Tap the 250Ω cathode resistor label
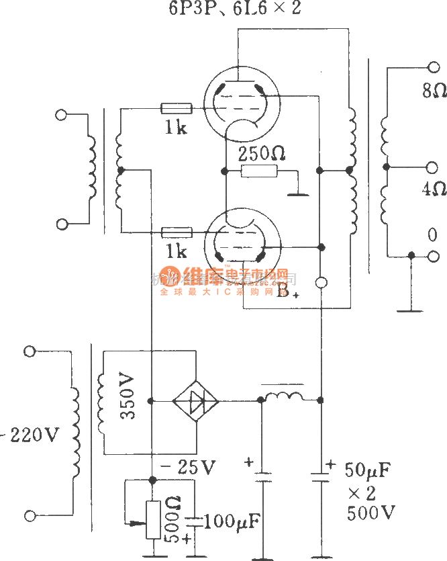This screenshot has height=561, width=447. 262,154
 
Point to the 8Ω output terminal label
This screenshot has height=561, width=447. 434,91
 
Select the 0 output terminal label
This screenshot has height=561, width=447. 432,235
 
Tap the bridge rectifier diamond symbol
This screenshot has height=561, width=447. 196,401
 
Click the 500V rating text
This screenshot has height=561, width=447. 370,513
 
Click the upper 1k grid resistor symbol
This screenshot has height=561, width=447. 177,109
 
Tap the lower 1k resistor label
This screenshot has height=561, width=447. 177,251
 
